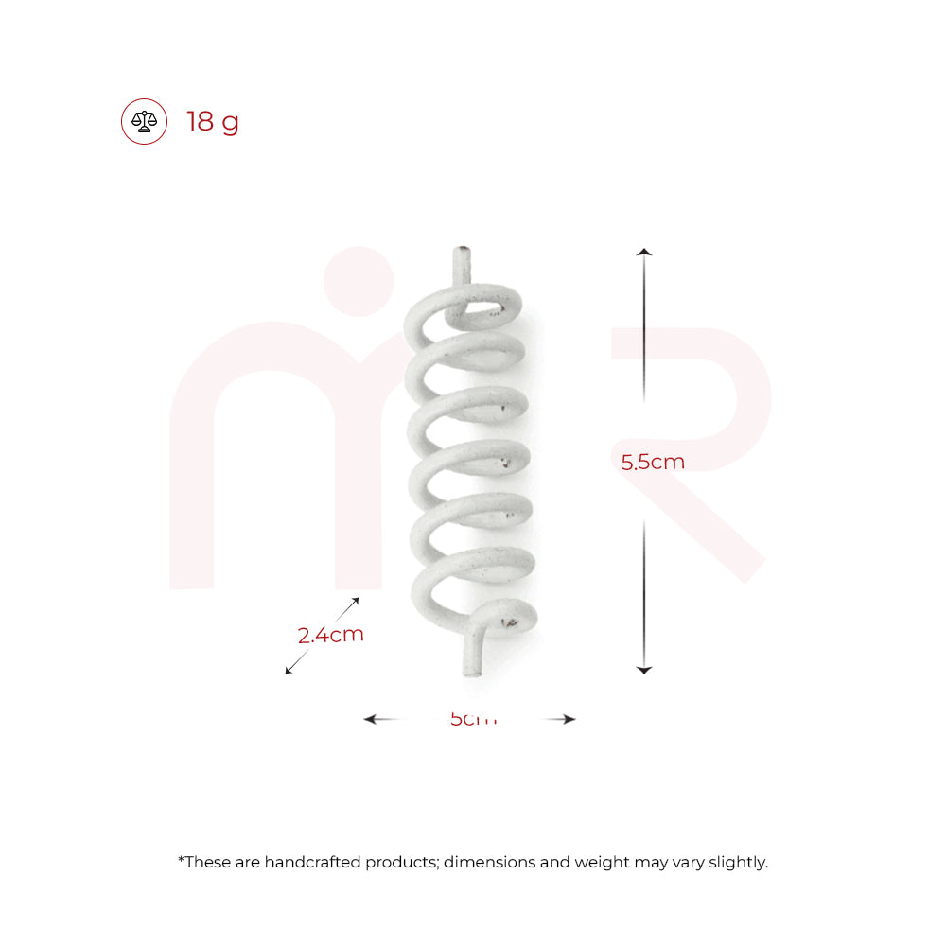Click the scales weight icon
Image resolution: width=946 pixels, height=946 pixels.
coord(144,122)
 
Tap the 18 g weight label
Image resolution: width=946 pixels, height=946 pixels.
coord(213,122)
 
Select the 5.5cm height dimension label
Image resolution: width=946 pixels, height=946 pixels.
coord(653,462)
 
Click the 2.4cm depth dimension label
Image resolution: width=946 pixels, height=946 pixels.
coord(330,635)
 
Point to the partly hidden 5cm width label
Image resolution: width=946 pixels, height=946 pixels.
coord(473,720)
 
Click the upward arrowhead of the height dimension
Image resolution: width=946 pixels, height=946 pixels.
coord(643,252)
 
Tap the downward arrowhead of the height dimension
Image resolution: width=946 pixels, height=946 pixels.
coord(643,669)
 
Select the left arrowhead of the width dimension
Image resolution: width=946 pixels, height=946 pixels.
coord(370,719)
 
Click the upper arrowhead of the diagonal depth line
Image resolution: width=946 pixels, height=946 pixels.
coord(356,600)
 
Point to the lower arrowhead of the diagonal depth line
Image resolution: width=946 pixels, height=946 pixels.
coord(289,671)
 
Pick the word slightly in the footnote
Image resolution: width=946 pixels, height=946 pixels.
coord(737,862)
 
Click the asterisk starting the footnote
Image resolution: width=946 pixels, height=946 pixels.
coord(181,860)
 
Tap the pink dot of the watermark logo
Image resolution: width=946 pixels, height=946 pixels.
coord(358,281)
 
